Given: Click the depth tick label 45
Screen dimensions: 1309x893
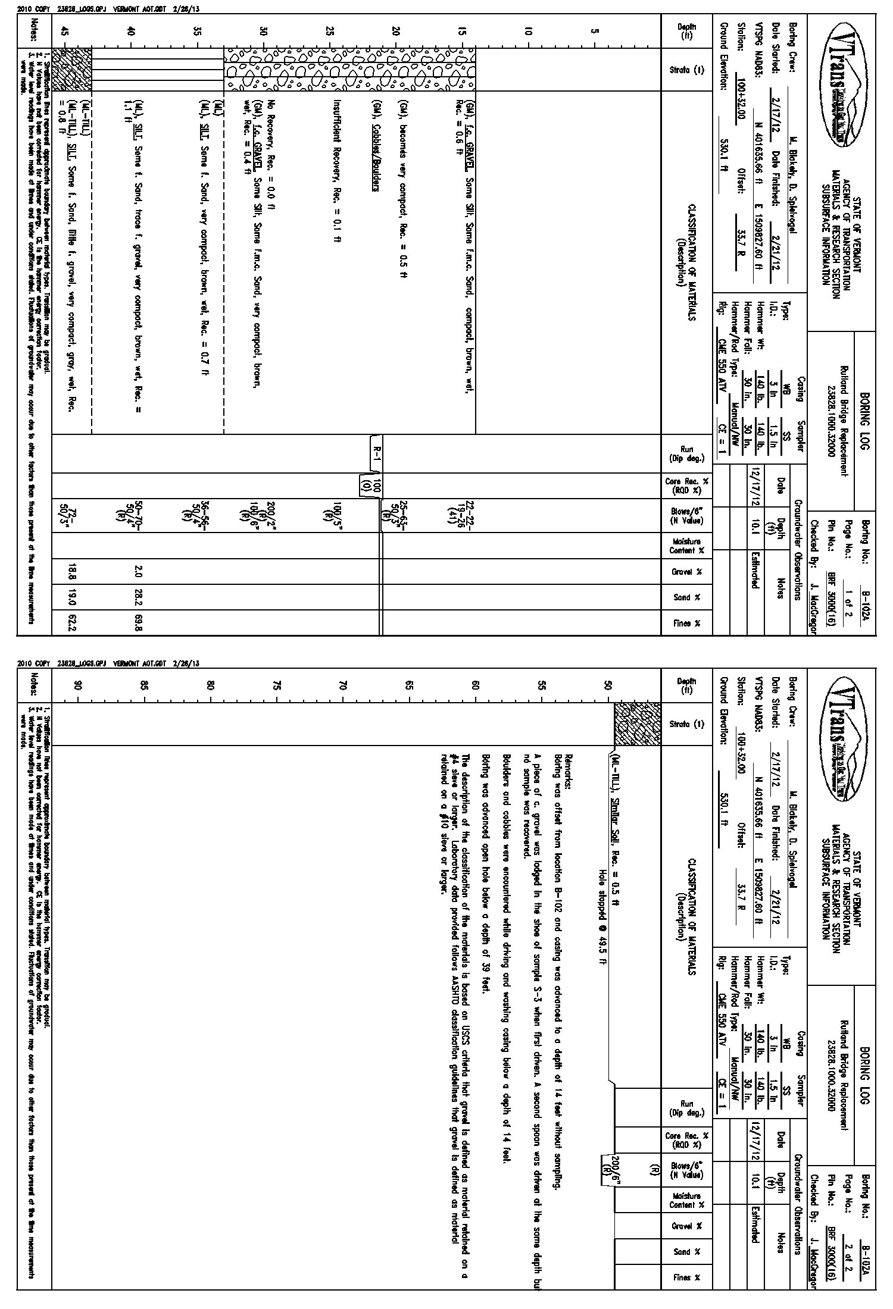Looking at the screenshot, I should pos(65,33).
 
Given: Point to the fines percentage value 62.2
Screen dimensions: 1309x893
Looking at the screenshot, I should pos(72,623).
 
